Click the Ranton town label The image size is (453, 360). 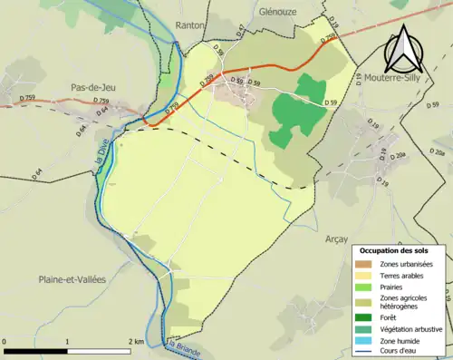[191, 26]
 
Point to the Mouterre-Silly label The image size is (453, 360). [393, 80]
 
